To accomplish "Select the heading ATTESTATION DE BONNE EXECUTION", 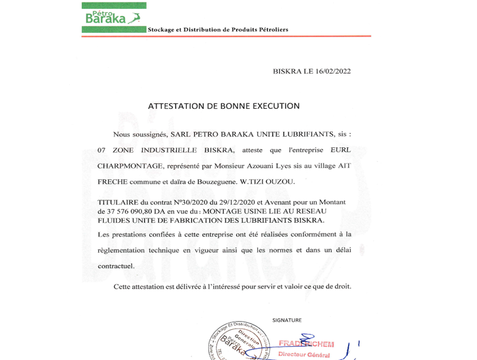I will coord(223,106).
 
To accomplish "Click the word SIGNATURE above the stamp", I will coord(287,320).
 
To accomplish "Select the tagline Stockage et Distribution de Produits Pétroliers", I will coord(218,30).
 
